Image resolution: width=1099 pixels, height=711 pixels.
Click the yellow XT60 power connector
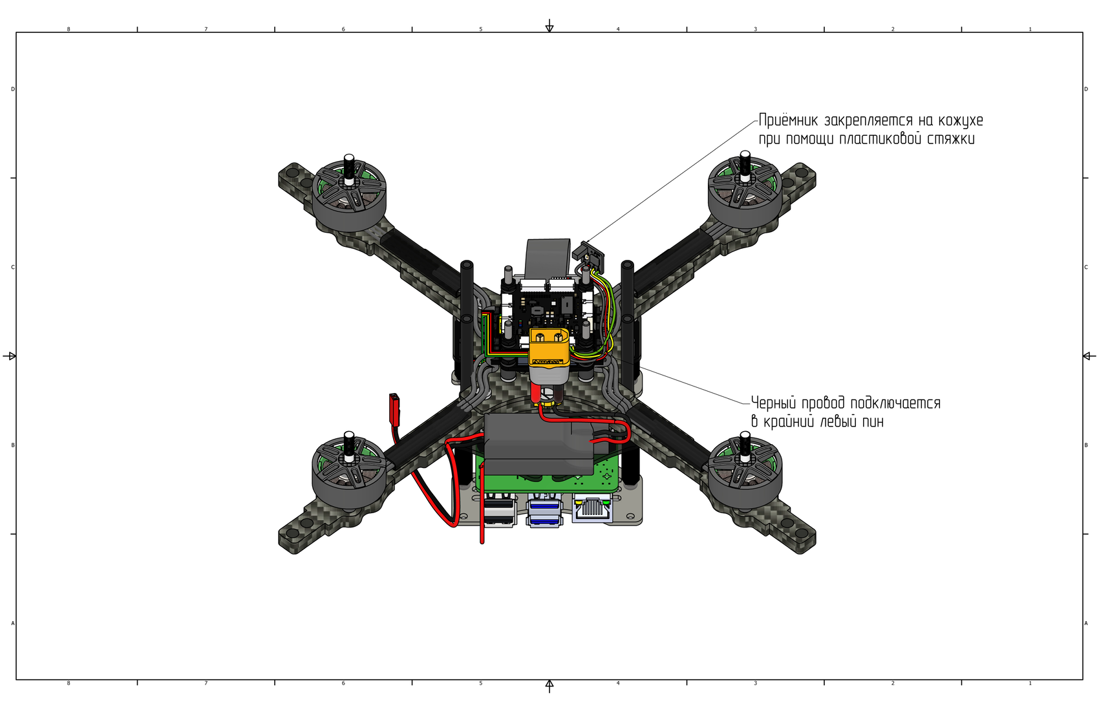pyautogui.click(x=549, y=350)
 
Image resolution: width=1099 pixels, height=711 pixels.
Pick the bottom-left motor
pyautogui.click(x=349, y=472)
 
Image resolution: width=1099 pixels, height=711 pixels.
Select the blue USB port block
pyautogui.click(x=544, y=511)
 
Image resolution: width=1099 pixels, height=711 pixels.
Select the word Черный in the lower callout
pyautogui.click(x=773, y=403)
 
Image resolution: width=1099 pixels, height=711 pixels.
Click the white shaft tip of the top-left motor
pyautogui.click(x=349, y=158)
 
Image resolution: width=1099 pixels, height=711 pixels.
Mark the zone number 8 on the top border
pyautogui.click(x=69, y=29)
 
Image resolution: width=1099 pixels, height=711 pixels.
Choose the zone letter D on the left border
pyautogui.click(x=13, y=89)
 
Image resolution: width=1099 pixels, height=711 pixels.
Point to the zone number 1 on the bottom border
pyautogui.click(x=1030, y=683)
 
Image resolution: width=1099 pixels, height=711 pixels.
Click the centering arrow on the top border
pyautogui.click(x=549, y=27)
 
